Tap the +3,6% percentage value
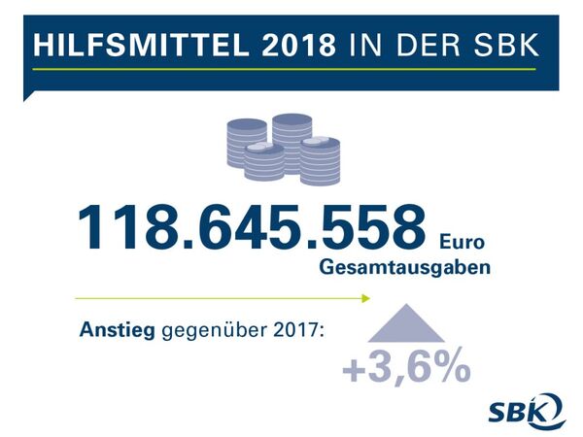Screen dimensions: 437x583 click(x=406, y=370)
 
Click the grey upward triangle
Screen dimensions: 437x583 click(x=407, y=325)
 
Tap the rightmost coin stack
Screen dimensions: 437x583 click(x=320, y=161)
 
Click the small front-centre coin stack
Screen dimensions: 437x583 click(x=264, y=162)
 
